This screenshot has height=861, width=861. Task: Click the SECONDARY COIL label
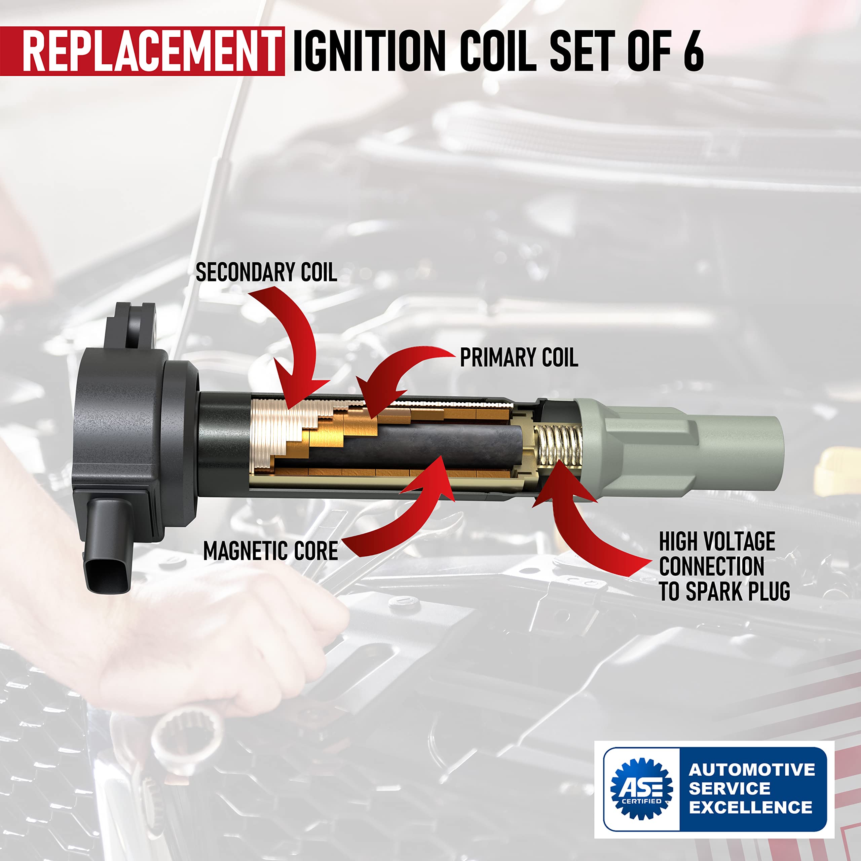266,272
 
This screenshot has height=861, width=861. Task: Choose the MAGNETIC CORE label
270,551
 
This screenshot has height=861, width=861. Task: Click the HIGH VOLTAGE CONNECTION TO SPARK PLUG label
724,566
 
